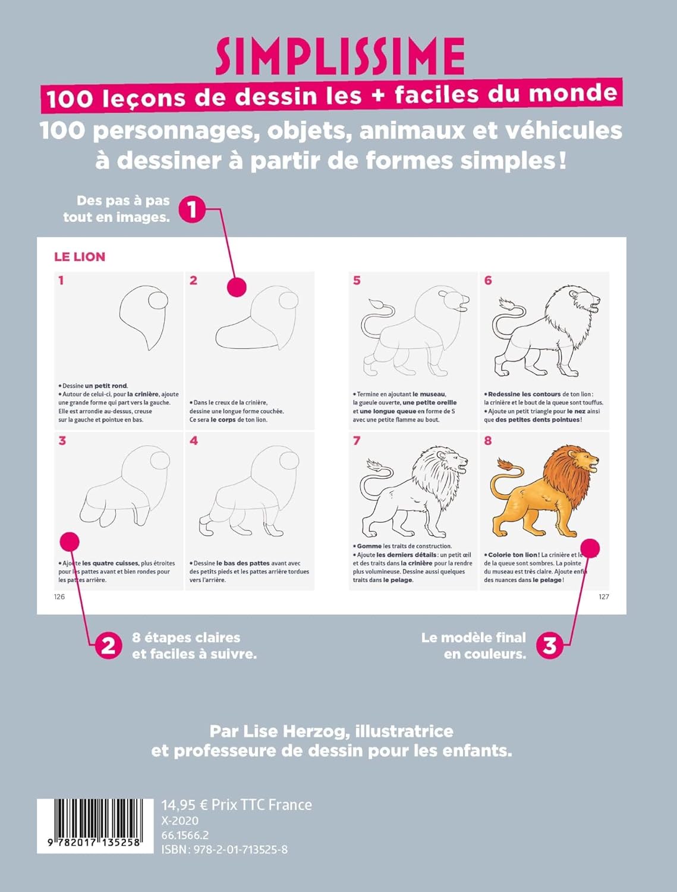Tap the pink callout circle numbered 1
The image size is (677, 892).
tap(192, 209)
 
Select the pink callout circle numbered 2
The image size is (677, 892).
tap(108, 645)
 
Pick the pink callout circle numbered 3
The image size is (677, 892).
tap(550, 645)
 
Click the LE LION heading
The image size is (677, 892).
tap(80, 257)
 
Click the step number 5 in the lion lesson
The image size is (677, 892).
tap(357, 280)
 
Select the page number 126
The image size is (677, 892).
tap(59, 596)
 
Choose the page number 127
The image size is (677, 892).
tap(604, 596)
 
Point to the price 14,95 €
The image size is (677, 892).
tap(185, 805)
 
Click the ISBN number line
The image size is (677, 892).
tap(225, 849)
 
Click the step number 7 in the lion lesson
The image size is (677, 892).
tap(357, 441)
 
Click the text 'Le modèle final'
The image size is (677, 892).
tap(474, 637)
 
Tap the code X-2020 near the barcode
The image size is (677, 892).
tap(180, 821)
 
